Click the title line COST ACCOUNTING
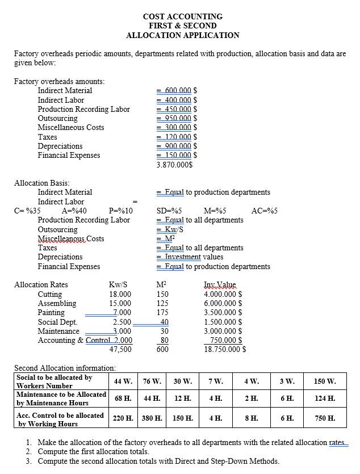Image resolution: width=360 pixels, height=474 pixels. (x=182, y=16)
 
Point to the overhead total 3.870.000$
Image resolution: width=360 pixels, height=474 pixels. (x=174, y=165)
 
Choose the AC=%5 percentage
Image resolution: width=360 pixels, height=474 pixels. (x=264, y=211)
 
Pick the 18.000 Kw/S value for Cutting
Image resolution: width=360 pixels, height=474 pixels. (x=120, y=294)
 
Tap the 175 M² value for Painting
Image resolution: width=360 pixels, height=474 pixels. (x=162, y=312)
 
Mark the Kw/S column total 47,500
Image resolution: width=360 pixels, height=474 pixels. (x=120, y=349)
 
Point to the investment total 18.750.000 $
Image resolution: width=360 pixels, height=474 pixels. (x=224, y=349)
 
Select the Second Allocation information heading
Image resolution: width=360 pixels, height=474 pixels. (x=65, y=368)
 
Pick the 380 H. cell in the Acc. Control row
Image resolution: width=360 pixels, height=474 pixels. (x=152, y=419)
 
